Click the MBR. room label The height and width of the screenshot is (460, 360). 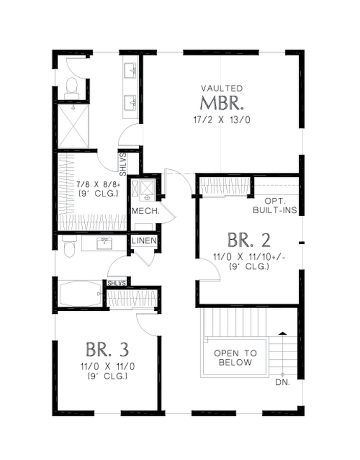coord(222,103)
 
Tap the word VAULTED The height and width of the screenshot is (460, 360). coord(222,88)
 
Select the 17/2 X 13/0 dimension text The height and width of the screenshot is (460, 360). coord(222,120)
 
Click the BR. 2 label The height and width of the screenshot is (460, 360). coord(249,240)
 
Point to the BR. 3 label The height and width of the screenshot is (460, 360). coord(107,350)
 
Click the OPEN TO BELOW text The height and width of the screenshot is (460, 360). coord(235,357)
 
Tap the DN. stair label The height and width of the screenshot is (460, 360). coord(282,382)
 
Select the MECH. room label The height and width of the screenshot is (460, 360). coord(146,211)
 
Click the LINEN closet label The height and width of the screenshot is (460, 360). coord(144,241)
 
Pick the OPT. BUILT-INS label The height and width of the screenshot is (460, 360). coord(275,205)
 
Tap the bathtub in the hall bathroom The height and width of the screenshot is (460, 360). coord(80,294)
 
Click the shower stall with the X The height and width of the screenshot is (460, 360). coord(73,126)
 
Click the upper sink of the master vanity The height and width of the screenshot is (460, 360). coord(130,70)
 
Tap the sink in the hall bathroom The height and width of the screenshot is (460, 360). coord(104,243)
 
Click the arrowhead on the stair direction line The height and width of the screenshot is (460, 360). coord(282,333)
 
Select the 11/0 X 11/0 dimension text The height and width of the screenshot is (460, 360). coord(107,366)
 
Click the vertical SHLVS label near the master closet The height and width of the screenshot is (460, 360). coord(123,164)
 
